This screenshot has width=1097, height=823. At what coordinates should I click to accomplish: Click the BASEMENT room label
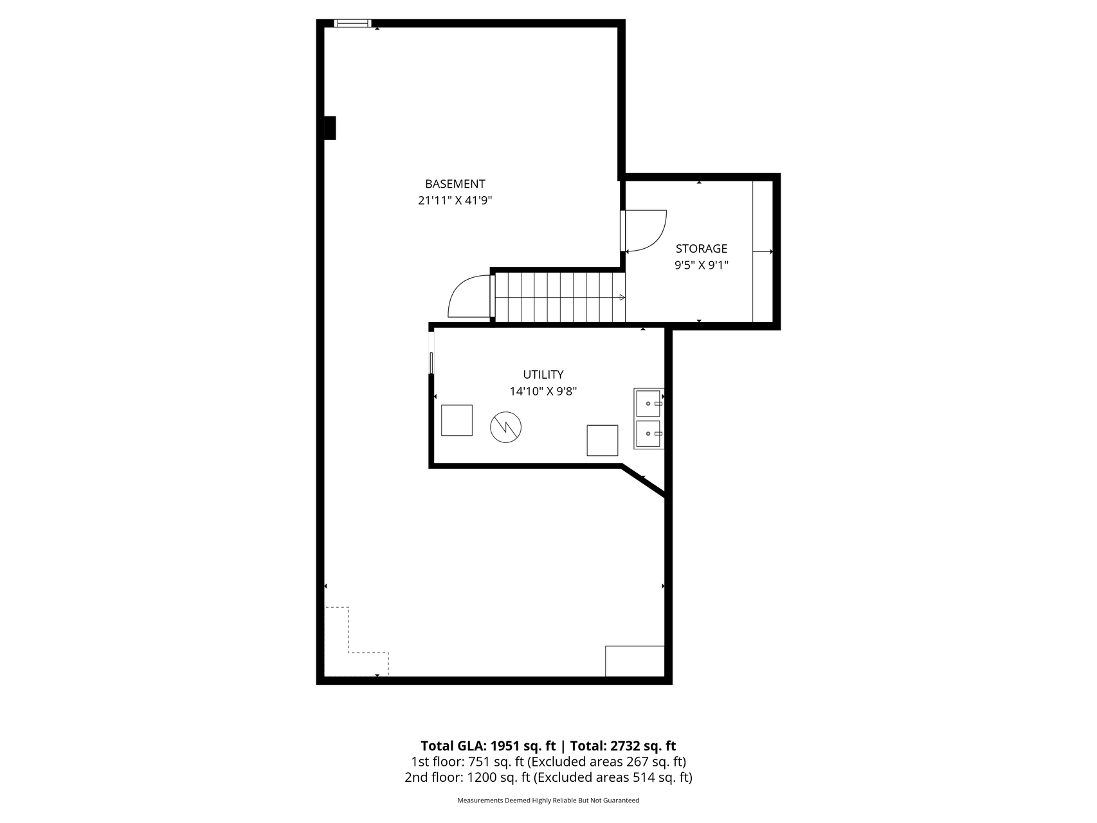click(455, 184)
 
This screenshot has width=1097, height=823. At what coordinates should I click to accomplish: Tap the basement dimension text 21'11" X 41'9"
click(455, 201)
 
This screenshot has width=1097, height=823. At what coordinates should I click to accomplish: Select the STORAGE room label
click(702, 249)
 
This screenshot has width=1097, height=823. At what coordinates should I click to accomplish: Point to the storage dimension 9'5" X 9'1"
click(702, 265)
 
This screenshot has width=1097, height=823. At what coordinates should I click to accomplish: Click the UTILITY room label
click(543, 374)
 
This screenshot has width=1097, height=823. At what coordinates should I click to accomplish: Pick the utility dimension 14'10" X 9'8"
click(543, 391)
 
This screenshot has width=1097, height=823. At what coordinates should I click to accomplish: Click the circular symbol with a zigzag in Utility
click(505, 427)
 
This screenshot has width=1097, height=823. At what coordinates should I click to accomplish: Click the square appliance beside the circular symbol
click(457, 421)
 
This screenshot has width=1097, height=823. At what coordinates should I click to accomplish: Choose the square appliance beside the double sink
click(603, 440)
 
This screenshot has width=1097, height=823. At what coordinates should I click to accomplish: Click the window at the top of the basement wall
click(352, 24)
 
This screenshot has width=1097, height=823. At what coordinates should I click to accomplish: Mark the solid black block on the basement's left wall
click(329, 128)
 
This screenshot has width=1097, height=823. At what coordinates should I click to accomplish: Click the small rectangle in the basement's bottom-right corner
click(635, 661)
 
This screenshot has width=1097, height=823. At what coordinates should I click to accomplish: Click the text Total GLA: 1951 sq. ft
click(488, 746)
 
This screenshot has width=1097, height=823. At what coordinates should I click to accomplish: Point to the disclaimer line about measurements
click(548, 801)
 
